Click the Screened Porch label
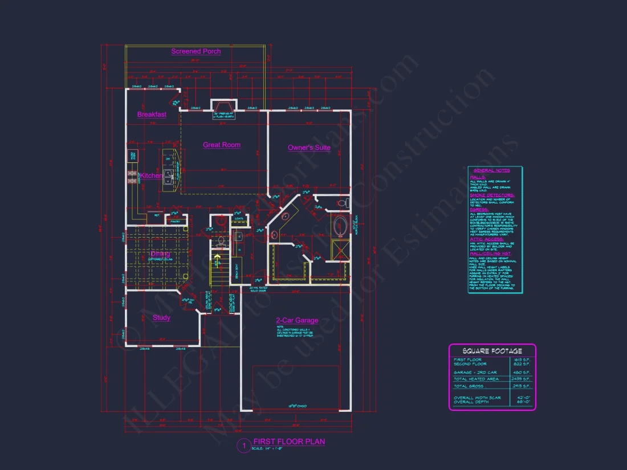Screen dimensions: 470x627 [196, 51]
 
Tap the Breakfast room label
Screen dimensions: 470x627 [152, 115]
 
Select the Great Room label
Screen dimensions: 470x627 [222, 145]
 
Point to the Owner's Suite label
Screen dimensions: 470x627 [309, 148]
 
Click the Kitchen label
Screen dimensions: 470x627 [152, 176]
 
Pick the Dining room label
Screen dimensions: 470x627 [161, 254]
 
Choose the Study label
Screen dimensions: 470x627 [161, 318]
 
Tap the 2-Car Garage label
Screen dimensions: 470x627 [297, 321]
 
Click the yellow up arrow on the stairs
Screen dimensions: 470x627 [217, 264]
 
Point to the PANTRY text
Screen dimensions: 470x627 [176, 221]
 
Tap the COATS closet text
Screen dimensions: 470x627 [239, 218]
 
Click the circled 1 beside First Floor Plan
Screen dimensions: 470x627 [243, 446]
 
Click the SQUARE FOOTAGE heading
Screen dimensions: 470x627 [492, 351]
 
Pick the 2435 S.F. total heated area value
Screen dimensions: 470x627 [524, 379]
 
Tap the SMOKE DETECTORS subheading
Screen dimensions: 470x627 [492, 195]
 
